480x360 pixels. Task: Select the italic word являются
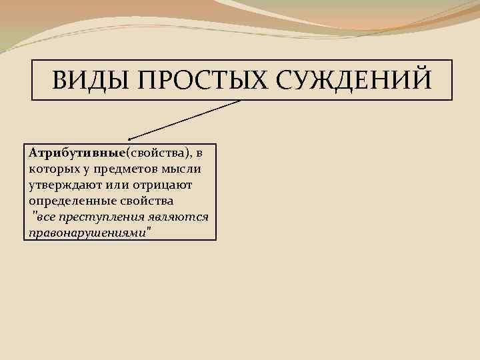(179, 216)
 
